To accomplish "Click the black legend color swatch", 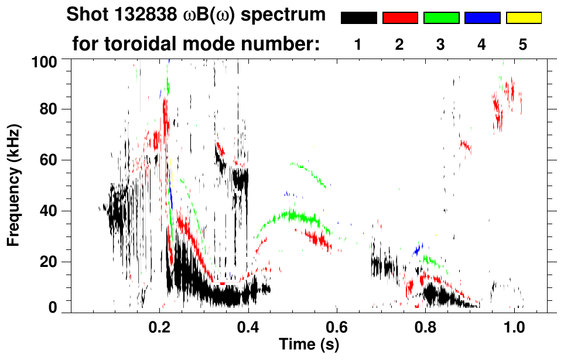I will (358, 18).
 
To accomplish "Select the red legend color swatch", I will (400, 18).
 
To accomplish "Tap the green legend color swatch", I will (441, 18).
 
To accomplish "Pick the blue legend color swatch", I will (483, 18).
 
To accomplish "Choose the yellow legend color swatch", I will (524, 18).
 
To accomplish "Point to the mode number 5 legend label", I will (523, 44).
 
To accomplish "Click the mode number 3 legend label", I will (440, 44).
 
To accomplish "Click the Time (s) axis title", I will (308, 345).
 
